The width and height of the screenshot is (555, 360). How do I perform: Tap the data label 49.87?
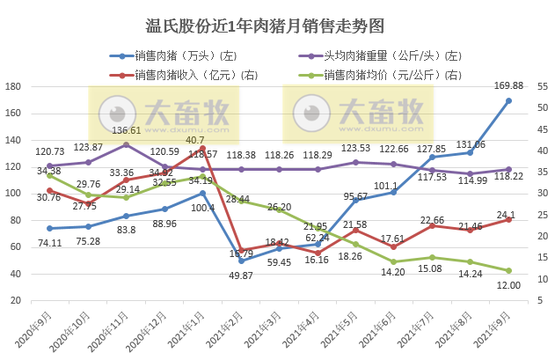tap(241, 275)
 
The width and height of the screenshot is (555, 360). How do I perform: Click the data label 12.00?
tap(509, 285)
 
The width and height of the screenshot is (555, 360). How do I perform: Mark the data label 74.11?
tap(49, 242)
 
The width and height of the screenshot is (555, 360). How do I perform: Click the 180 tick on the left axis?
tap(14, 86)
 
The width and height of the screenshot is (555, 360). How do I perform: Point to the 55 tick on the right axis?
tap(542, 86)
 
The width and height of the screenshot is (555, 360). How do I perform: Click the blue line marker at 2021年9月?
tap(509, 100)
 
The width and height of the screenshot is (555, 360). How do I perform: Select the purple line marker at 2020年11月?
tap(126, 144)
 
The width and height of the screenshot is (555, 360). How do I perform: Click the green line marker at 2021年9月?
tap(509, 270)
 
